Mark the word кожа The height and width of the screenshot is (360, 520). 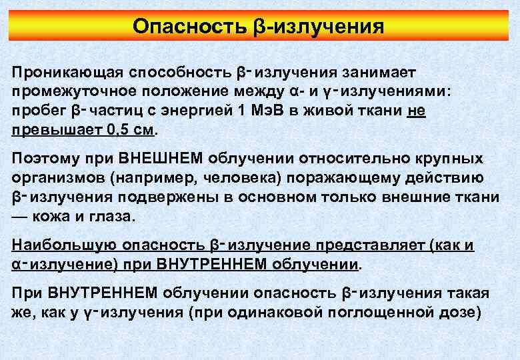point(59,217)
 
